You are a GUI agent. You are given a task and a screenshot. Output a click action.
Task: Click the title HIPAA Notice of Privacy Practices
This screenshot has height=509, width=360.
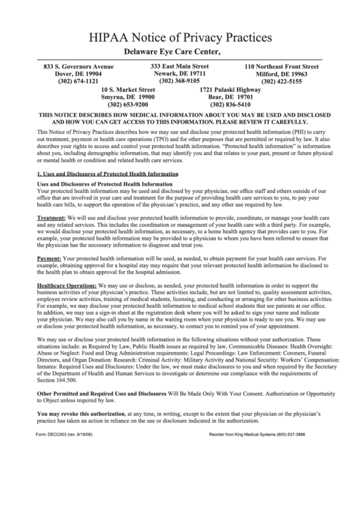pos(179,35)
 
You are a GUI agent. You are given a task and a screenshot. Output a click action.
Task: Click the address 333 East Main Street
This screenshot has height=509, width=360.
pos(179,66)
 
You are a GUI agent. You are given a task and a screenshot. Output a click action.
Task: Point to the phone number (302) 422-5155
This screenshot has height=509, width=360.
pos(281,82)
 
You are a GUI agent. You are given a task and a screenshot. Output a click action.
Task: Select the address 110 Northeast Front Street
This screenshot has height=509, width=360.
pos(281,67)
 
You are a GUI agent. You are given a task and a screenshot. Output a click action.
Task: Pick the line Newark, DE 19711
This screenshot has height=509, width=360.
pos(179,73)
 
